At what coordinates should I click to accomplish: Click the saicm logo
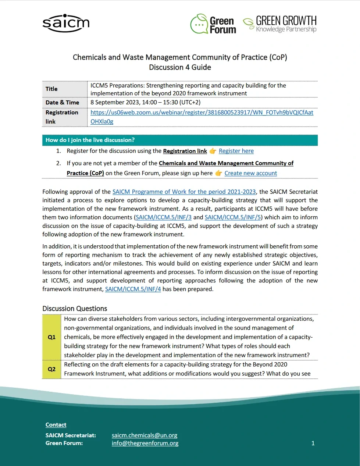click(66, 23)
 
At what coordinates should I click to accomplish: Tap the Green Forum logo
click(213, 24)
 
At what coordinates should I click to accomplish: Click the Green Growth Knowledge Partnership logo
click(280, 24)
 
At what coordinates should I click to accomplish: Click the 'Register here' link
click(236, 151)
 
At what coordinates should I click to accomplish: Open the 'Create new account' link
click(250, 173)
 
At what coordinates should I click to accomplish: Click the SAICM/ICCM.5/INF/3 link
click(164, 217)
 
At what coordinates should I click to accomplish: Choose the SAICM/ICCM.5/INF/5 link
click(233, 217)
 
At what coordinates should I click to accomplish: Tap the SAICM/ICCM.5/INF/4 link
click(133, 289)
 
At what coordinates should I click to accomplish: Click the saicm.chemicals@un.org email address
click(145, 435)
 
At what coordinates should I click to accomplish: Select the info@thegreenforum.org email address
click(145, 443)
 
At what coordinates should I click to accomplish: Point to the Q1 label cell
click(51, 337)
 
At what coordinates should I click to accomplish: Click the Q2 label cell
click(51, 369)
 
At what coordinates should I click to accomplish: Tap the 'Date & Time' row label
click(62, 103)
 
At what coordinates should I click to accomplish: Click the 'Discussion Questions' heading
click(75, 309)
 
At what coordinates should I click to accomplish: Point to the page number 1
click(313, 443)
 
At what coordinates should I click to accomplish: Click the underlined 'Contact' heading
click(56, 425)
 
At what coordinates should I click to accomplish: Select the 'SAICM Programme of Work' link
click(184, 192)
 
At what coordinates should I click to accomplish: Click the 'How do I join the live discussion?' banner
click(180, 140)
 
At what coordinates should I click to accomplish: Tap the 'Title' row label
click(51, 89)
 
